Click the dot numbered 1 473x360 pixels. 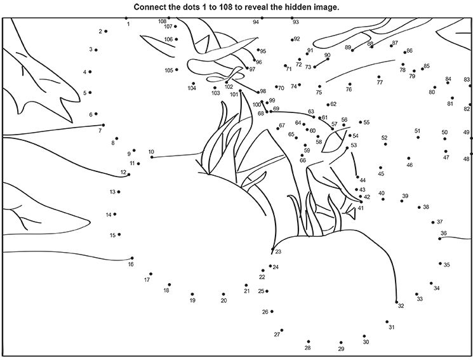(x=126, y=18)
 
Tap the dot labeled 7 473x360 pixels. (x=103, y=125)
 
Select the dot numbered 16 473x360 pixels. (x=132, y=258)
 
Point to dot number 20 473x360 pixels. (x=223, y=294)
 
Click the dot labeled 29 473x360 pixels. (x=341, y=342)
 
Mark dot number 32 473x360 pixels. (x=396, y=302)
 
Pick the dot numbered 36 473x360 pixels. (x=440, y=239)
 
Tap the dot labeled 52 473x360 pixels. (x=385, y=144)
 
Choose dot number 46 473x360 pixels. (x=409, y=158)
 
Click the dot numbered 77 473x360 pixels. (x=379, y=77)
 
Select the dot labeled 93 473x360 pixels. (x=292, y=18)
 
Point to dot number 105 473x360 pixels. (x=177, y=70)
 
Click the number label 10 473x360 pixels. (x=151, y=152)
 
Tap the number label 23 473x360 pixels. (x=278, y=251)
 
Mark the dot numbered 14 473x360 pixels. (x=115, y=214)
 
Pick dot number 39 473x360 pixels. (x=402, y=201)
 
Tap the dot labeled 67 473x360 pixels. (x=278, y=129)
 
